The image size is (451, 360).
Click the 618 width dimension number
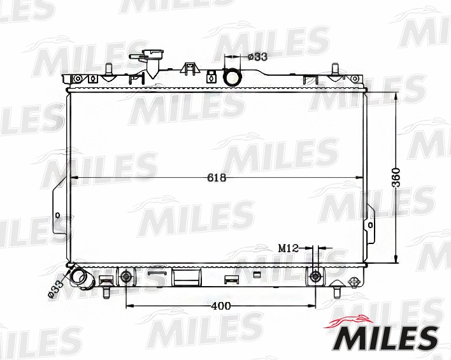[x=217, y=178]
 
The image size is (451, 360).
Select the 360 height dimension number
[x=396, y=178]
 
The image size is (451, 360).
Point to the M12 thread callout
[x=289, y=247]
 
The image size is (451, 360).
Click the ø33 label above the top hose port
[x=257, y=56]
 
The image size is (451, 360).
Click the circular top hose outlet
[x=233, y=77]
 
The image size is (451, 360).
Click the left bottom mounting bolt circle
[x=126, y=277]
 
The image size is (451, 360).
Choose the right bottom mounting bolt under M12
[x=315, y=277]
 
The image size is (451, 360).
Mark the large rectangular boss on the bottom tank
[x=187, y=277]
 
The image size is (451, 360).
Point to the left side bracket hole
[x=59, y=214]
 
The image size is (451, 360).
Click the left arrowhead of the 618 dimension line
[x=72, y=178]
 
